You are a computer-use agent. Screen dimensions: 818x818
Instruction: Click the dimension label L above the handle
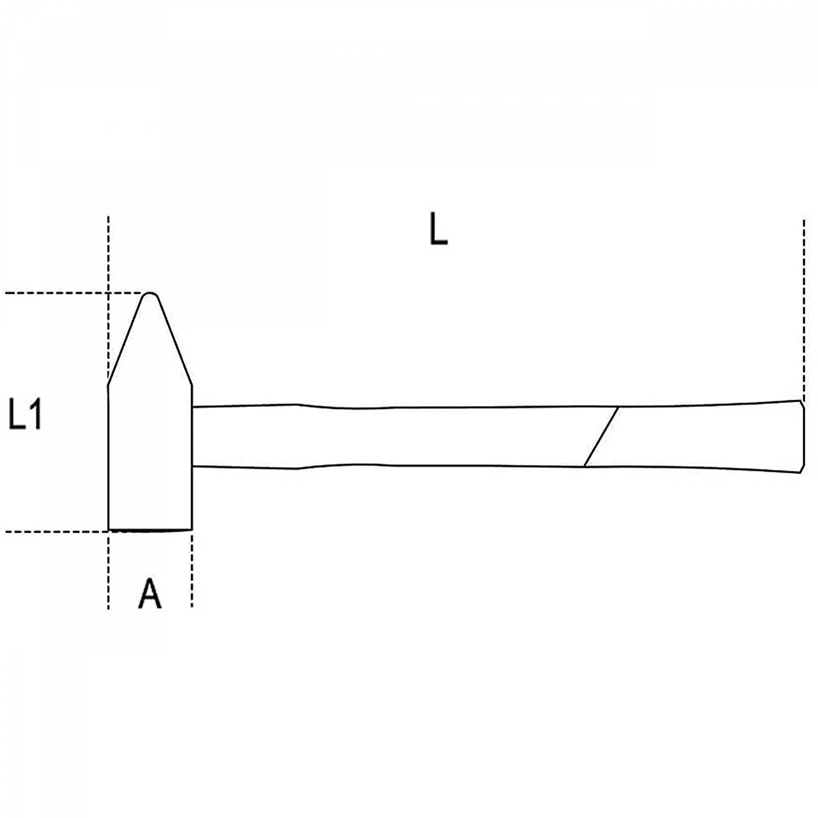coord(438,229)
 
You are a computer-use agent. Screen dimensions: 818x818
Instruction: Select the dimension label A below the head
coord(150,593)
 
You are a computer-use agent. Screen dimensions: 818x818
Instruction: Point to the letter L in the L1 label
coord(16,414)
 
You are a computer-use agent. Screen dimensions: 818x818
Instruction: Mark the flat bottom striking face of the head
coord(150,530)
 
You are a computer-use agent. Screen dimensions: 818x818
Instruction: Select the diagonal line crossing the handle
coord(601,437)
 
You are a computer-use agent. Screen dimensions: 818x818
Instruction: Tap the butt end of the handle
coord(803,436)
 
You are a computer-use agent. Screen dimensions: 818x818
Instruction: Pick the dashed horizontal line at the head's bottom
coord(56,532)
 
